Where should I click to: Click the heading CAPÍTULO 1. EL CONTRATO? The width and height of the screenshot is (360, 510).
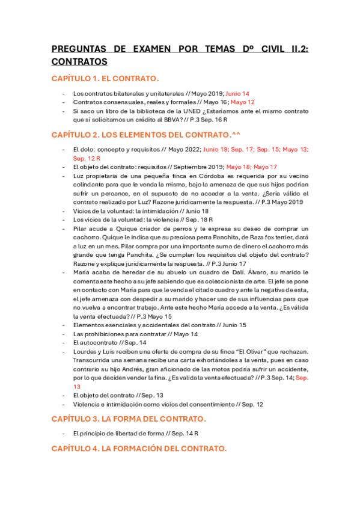(105, 79)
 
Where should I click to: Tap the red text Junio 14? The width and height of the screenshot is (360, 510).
(237, 94)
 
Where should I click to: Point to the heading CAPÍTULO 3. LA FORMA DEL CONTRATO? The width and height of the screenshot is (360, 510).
(129, 419)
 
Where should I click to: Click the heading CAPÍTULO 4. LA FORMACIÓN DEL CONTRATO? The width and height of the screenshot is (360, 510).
(139, 448)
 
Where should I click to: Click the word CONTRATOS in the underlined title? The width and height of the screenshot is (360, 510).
(79, 61)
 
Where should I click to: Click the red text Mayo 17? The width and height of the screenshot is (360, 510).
(265, 167)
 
